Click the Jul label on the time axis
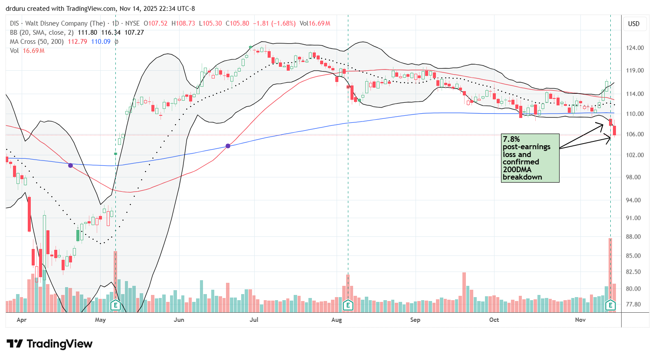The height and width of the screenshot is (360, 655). pos(254,320)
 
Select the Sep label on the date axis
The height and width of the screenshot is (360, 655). pos(415,320)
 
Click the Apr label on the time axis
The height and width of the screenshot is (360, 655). pos(21,320)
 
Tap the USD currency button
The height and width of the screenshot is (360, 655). pos(634,24)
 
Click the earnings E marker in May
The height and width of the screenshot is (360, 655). pos(115,305)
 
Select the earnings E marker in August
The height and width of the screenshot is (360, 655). pos(347,305)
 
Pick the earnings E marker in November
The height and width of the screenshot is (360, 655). pos(610,305)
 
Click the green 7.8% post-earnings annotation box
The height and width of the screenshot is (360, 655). pos(530,158)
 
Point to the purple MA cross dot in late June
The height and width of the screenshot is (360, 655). pos(228,146)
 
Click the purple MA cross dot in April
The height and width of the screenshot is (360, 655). pos(70,165)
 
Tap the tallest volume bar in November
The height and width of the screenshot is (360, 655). pos(610,269)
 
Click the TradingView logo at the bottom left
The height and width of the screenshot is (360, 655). pos(49,344)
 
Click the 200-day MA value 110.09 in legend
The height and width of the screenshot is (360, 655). pos(101,42)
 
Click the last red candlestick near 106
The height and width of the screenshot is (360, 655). pos(615,130)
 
